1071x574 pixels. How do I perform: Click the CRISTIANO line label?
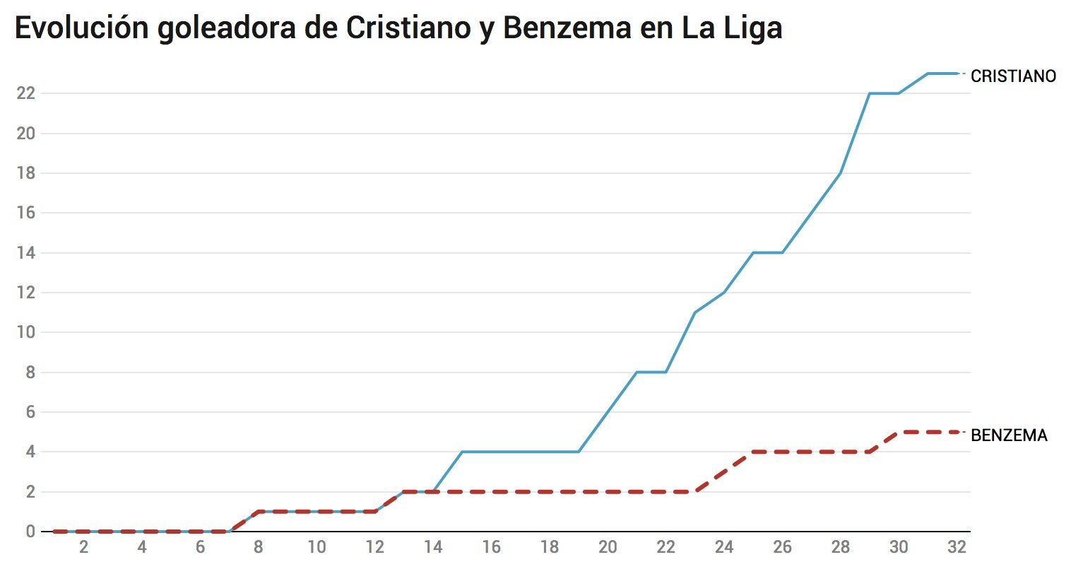(x=1013, y=76)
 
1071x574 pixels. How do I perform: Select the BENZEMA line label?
(x=1009, y=435)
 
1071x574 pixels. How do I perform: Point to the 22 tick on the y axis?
(x=25, y=93)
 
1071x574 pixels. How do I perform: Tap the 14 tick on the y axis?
(x=25, y=253)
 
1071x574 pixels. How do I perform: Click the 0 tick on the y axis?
(x=30, y=532)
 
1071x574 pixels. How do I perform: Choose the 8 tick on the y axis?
(x=30, y=373)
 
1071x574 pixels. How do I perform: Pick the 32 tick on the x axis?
(x=957, y=547)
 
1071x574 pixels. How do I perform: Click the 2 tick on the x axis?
(x=84, y=547)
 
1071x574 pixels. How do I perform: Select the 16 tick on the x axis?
(x=491, y=547)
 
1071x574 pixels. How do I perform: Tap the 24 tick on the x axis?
(x=724, y=547)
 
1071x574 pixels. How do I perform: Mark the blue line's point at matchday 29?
(x=869, y=93)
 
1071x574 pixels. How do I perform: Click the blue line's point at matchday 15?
(x=462, y=452)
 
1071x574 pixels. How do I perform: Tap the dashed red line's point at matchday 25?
(x=753, y=452)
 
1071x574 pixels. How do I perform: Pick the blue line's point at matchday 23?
(x=695, y=312)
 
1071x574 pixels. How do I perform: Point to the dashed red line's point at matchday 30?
(x=899, y=432)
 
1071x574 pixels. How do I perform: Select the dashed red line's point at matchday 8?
(x=259, y=511)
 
